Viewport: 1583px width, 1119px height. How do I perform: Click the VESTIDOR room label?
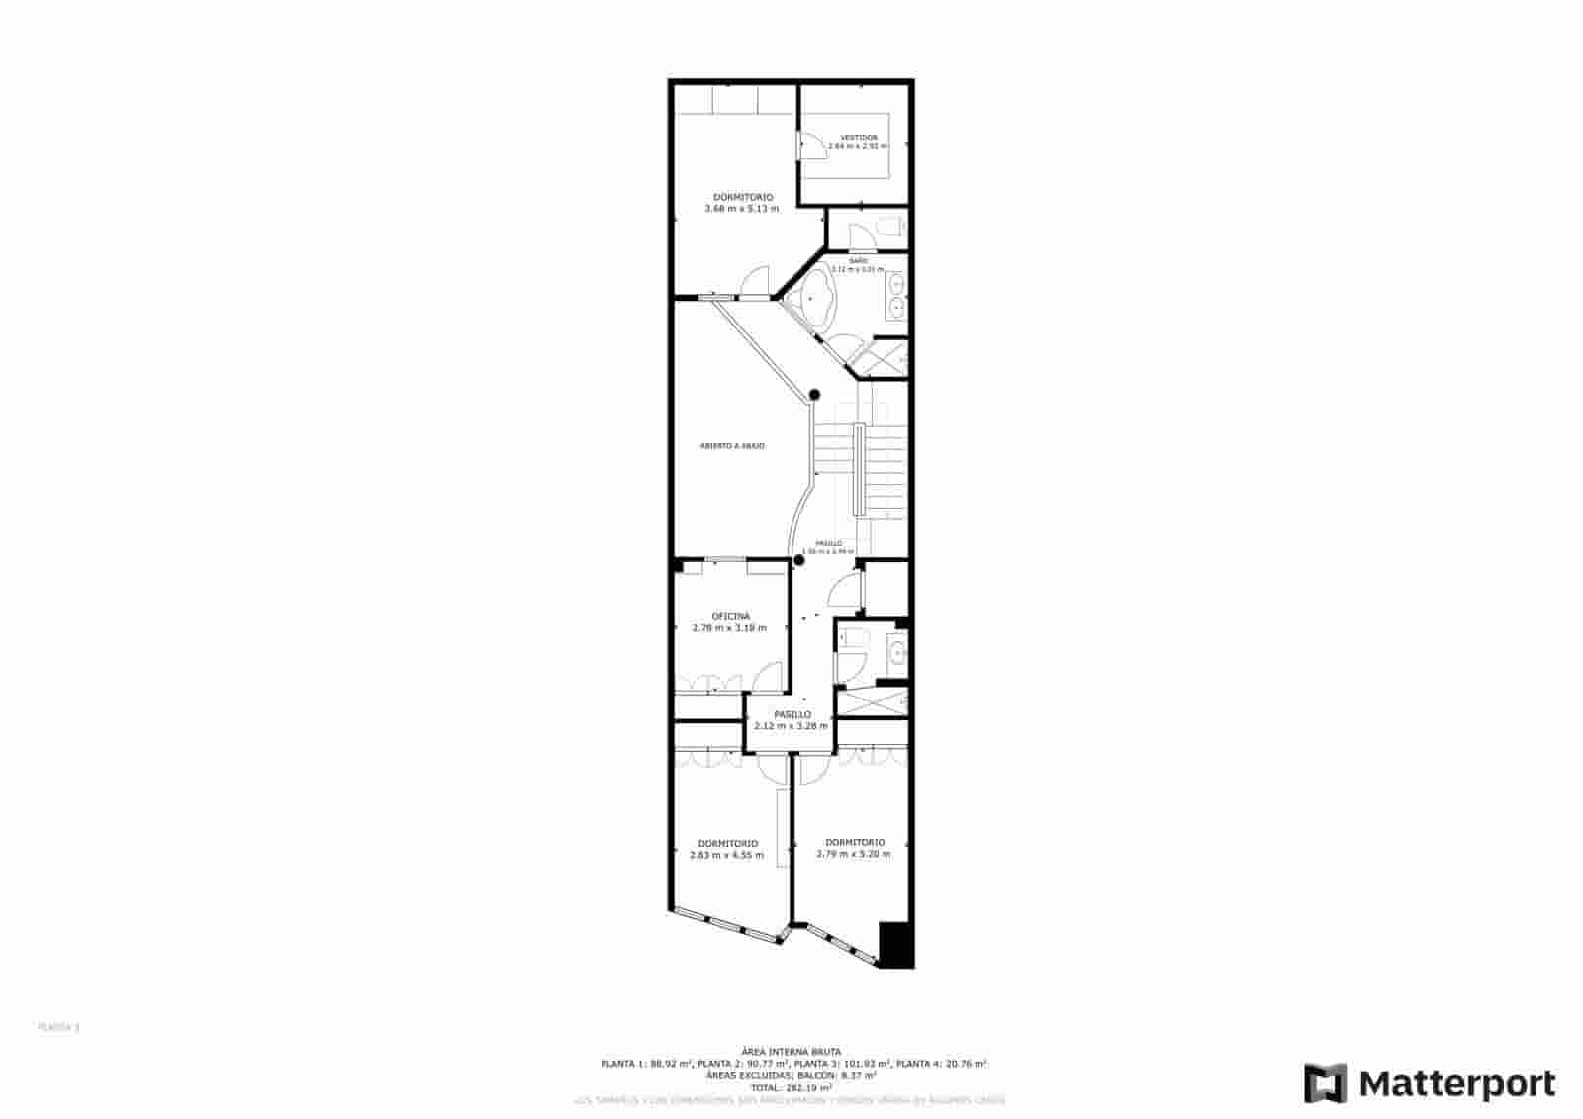pos(858,138)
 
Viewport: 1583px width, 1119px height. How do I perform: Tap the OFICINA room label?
pos(730,616)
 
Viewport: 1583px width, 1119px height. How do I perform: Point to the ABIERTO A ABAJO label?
pos(732,446)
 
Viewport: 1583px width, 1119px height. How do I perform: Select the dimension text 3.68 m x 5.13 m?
pos(741,209)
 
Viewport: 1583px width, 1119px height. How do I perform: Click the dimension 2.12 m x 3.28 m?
pos(791,726)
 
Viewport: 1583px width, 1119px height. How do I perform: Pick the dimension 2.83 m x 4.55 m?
pos(727,855)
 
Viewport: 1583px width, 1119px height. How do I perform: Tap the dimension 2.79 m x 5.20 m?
pos(854,854)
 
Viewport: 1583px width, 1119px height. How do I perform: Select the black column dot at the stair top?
pos(815,395)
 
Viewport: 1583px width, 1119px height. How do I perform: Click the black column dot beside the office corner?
pos(799,560)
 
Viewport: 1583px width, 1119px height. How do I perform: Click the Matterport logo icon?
pos(1325,1083)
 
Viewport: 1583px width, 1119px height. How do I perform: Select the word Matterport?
pos(1456,1084)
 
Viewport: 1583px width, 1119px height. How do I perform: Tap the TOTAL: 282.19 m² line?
pos(791,1087)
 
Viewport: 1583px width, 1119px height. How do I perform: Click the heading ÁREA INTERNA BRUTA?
pos(791,1051)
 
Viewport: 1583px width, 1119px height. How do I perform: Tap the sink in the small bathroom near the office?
pos(896,652)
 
